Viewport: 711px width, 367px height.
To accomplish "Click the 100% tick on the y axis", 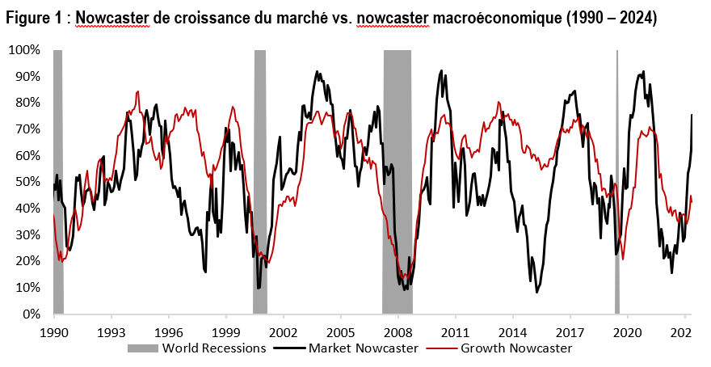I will coord(24,50).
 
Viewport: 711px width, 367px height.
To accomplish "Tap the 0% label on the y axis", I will coord(31,314).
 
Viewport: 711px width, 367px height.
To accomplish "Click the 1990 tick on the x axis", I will coord(53,331).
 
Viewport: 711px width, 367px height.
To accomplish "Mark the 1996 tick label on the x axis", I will coord(168,331).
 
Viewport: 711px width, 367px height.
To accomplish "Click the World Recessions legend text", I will coord(214,348).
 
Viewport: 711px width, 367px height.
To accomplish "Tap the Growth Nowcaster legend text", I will coord(516,348).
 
